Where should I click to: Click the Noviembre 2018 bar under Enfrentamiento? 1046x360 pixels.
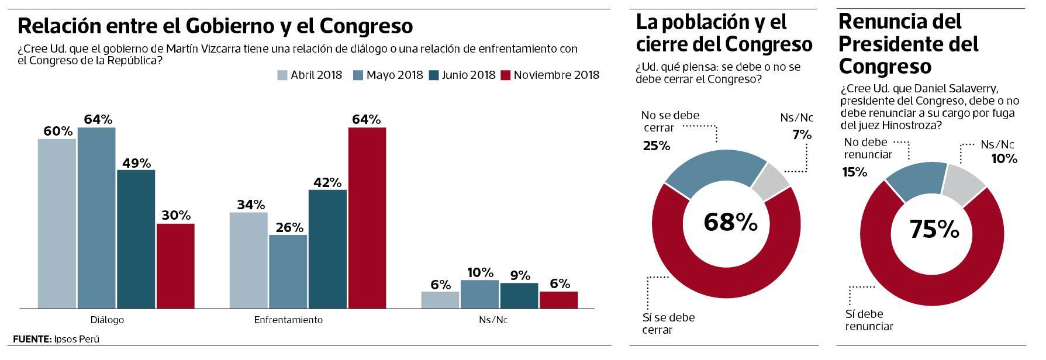[x=367, y=217]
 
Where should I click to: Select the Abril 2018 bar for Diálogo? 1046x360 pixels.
[x=57, y=223]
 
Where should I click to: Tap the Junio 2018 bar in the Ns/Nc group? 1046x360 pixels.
[x=519, y=296]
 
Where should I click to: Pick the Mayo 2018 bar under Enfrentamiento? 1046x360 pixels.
[x=288, y=271]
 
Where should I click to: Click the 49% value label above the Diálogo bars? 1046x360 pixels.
[x=136, y=163]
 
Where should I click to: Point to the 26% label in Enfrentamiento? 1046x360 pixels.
[x=289, y=227]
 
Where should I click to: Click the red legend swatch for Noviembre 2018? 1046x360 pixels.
[x=506, y=75]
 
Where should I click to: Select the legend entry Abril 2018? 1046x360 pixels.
[x=309, y=75]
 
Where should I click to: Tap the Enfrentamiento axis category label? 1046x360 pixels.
[x=288, y=320]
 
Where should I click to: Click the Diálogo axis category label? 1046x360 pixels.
[x=107, y=320]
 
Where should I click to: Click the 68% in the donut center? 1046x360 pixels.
[x=730, y=222]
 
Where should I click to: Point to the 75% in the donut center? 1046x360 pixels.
[x=934, y=230]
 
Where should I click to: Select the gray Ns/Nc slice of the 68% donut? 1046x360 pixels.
[x=770, y=182]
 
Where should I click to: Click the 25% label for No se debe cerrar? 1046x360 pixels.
[x=656, y=146]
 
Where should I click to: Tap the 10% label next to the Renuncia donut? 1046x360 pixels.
[x=1004, y=158]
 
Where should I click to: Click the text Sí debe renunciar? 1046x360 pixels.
[x=869, y=320]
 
